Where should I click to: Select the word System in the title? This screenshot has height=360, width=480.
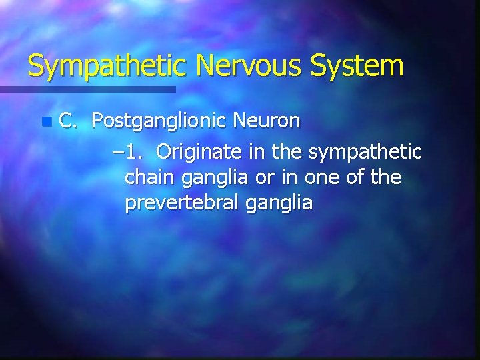pos(361,66)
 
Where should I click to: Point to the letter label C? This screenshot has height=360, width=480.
pos(67,122)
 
